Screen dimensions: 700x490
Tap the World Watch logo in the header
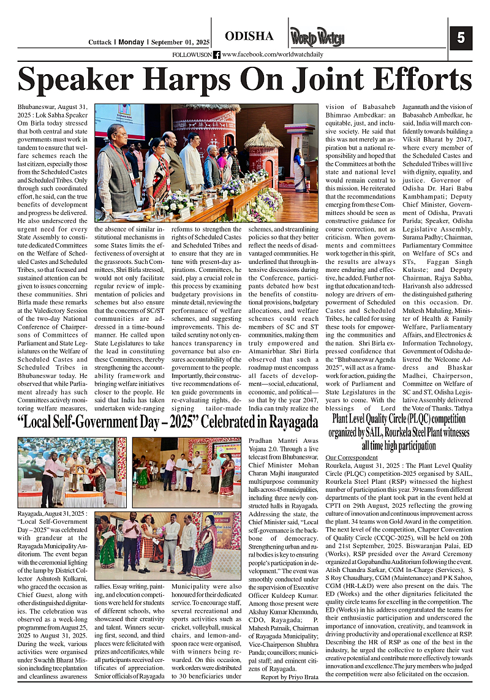317,37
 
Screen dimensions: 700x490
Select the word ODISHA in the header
249,36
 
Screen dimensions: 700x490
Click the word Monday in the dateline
131,42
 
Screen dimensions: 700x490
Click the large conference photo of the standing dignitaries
206,162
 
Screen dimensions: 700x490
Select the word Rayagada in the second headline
288,422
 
